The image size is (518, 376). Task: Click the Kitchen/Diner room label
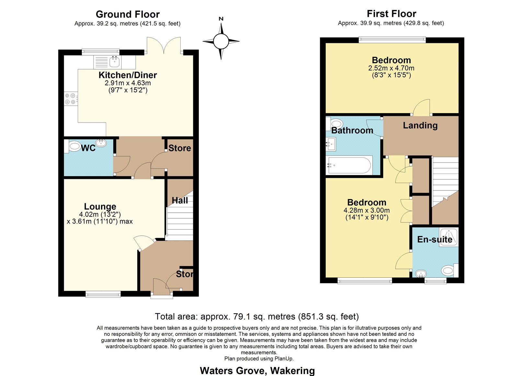tap(128, 75)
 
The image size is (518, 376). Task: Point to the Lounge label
tap(100, 206)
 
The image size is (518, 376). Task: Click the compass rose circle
tap(221, 41)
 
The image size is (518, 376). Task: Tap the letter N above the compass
tap(221, 19)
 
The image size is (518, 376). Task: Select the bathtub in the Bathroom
tap(349, 165)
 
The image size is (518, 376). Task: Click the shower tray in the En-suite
tap(448, 237)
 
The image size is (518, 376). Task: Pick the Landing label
tap(420, 125)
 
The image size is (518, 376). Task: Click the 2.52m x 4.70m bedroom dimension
tap(391, 68)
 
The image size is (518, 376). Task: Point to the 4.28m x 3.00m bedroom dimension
tap(366, 210)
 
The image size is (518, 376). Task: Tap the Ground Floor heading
tap(128, 14)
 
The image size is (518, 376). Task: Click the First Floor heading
tap(391, 14)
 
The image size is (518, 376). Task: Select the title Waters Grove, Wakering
tap(257, 371)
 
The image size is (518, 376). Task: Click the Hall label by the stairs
tap(180, 200)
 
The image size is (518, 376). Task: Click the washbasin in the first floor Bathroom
tap(331, 144)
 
